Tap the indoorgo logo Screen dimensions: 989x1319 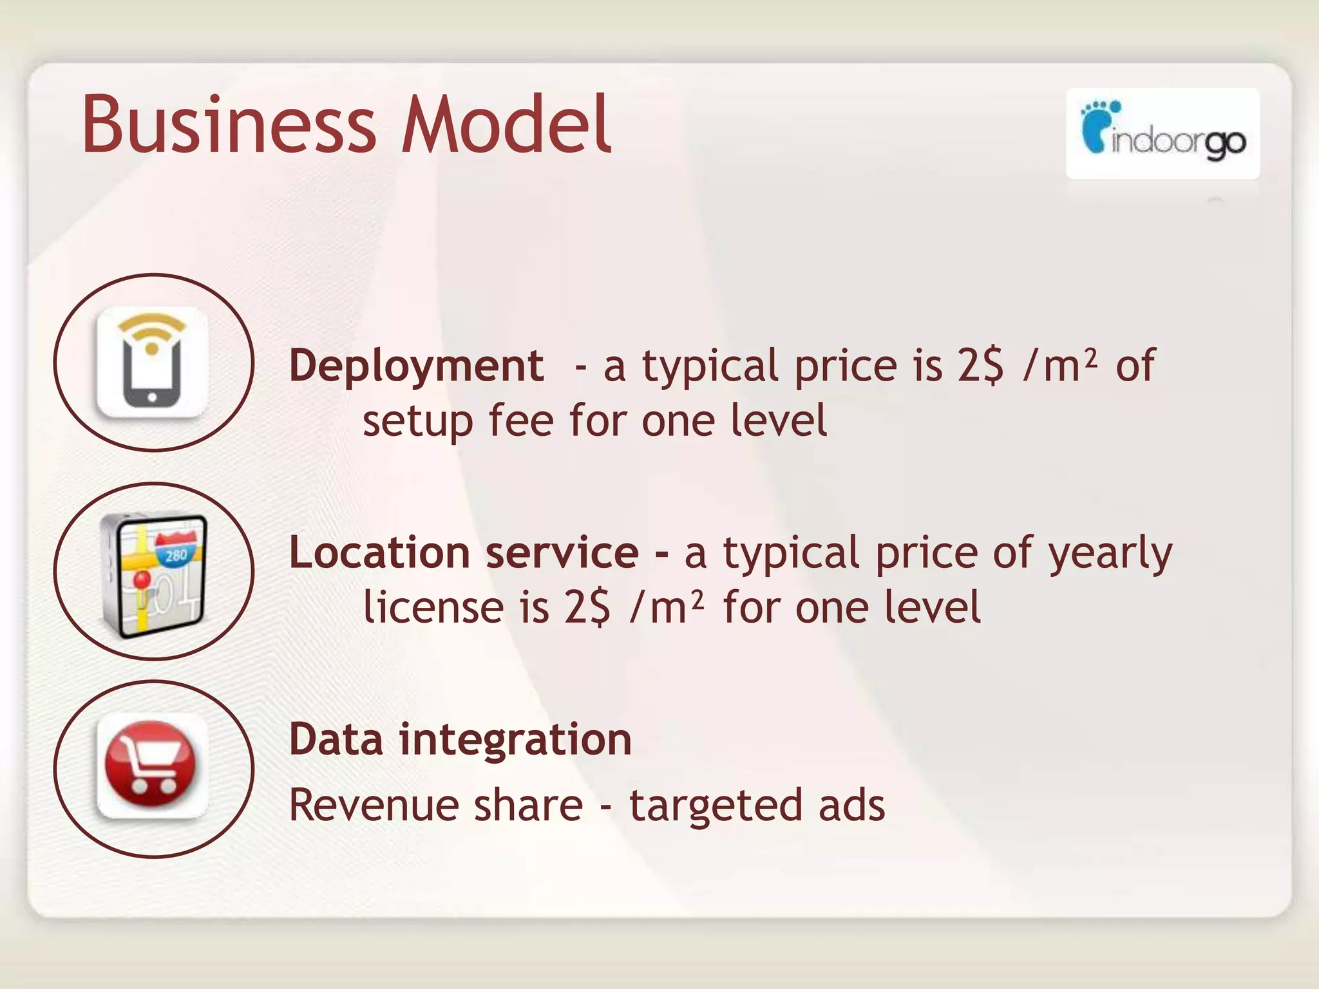(1162, 133)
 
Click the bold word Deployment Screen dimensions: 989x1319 (416, 366)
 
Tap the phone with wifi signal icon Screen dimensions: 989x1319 (153, 362)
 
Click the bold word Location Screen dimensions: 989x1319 (379, 553)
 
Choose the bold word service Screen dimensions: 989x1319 (562, 553)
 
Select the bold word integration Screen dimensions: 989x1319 (515, 740)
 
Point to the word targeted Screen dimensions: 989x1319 (716, 806)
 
